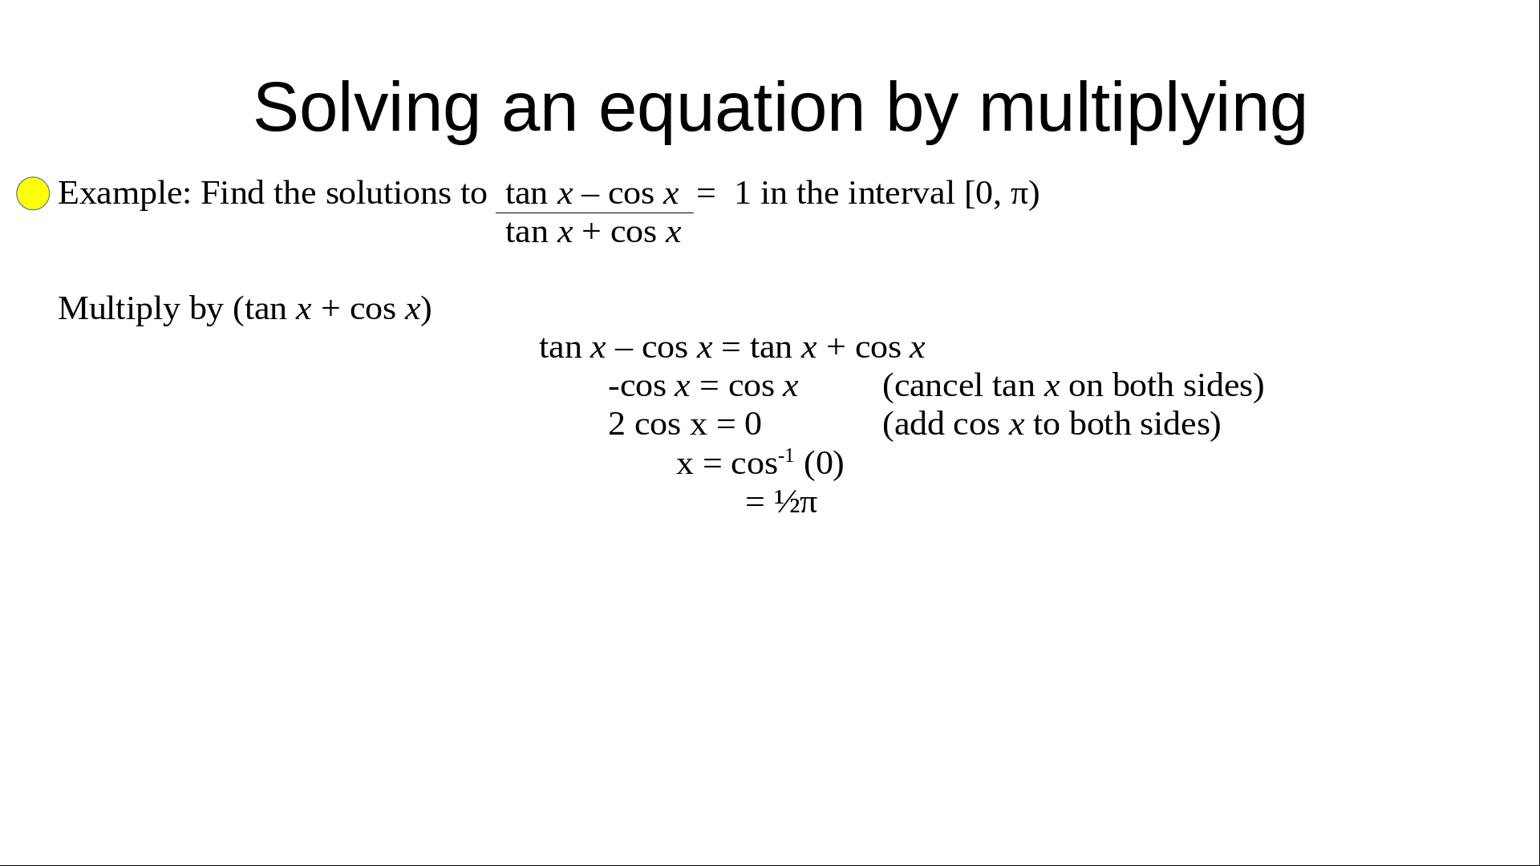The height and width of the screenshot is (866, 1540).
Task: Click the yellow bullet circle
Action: tap(33, 193)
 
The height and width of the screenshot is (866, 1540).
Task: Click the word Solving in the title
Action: tap(367, 108)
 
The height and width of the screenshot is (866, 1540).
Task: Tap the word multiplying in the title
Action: tap(1143, 108)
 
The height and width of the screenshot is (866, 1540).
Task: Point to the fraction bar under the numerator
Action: tap(594, 212)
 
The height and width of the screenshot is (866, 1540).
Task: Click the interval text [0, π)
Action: tap(1002, 193)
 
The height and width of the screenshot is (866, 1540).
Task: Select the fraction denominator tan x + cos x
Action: tap(594, 232)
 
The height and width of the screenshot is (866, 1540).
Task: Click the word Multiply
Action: tap(119, 309)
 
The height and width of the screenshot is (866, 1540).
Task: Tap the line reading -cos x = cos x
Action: tap(703, 386)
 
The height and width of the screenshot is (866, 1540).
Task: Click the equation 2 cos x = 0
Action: tap(685, 424)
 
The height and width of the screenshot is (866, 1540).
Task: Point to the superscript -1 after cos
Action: tap(786, 455)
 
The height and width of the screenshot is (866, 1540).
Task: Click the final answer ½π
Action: tap(796, 502)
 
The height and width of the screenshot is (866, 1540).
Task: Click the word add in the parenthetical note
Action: tap(919, 424)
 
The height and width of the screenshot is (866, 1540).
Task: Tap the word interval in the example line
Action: tap(901, 193)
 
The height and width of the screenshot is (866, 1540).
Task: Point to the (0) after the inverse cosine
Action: tap(824, 463)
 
